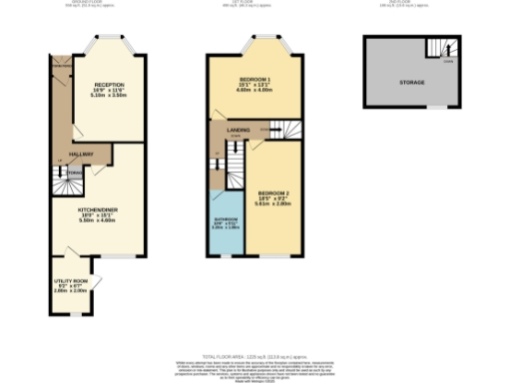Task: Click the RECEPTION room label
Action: pos(108,85)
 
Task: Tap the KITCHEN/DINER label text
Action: pos(99,209)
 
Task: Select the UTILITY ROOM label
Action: pos(70,282)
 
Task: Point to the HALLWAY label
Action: pos(82,154)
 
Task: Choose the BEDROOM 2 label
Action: pos(273,191)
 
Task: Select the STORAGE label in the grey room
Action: pos(411,83)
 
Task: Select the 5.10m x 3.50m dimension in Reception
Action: pos(108,97)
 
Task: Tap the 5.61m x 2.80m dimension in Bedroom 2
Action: pos(273,202)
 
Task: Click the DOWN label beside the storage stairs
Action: pos(448,61)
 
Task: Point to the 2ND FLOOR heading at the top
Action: pos(410,3)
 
